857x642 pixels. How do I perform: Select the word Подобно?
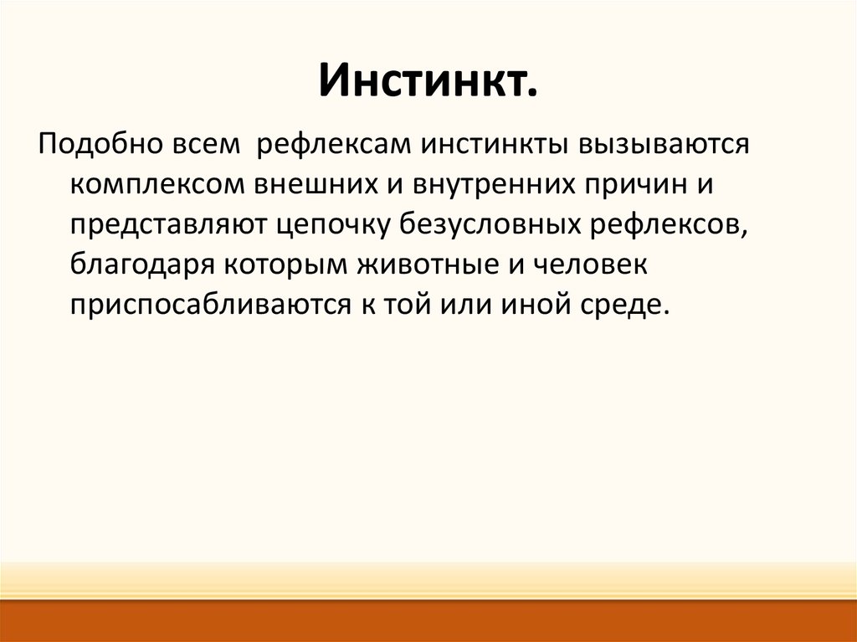pos(100,144)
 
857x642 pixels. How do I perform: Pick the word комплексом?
pos(158,185)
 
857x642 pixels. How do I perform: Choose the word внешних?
pos(317,185)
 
